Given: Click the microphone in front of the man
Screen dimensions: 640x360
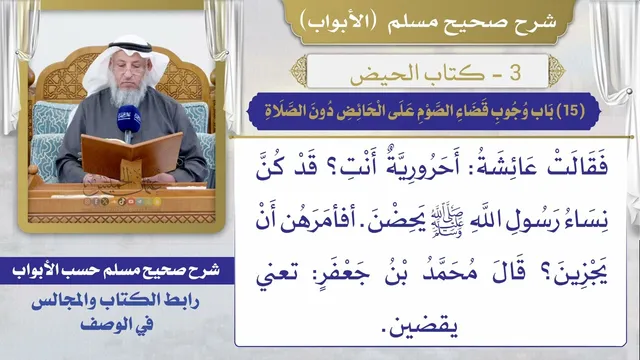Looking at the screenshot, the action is [129, 120].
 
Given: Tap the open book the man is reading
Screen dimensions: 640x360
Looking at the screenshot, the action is [132, 156].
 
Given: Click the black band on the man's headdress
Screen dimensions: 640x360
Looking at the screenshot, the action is [130, 47].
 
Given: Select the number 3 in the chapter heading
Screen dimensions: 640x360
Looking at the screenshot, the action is [515, 73].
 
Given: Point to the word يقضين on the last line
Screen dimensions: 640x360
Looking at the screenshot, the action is [423, 327].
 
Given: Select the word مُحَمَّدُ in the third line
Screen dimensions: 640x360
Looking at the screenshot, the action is [440, 272].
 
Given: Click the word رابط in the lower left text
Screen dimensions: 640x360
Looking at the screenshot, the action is [182, 301].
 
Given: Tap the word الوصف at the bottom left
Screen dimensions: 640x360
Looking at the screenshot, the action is [103, 324].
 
